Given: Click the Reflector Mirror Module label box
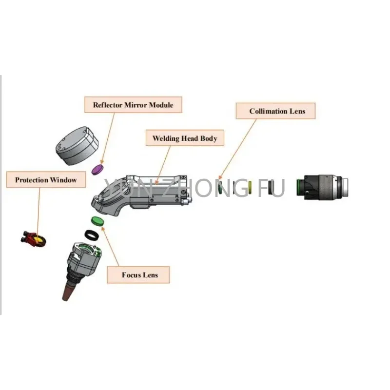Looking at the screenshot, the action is click(133, 105).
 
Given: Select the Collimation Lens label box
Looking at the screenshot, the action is click(277, 111).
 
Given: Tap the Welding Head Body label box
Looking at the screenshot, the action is click(184, 138).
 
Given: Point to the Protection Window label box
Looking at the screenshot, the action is click(46, 180).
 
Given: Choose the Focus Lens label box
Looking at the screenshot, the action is click(139, 275).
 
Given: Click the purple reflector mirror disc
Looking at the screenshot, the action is click(99, 169).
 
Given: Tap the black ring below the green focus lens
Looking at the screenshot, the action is click(91, 234).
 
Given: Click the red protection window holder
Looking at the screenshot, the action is click(32, 239).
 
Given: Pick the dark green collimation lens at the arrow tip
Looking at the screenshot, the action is click(221, 187).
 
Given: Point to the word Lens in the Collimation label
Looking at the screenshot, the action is click(296, 111).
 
